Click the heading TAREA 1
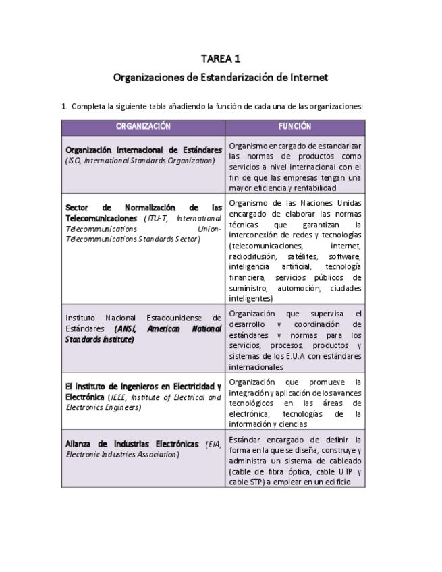point(221,59)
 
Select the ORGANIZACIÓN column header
point(143,126)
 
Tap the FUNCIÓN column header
point(295,126)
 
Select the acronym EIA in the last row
point(213,444)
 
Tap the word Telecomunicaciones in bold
point(103,218)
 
